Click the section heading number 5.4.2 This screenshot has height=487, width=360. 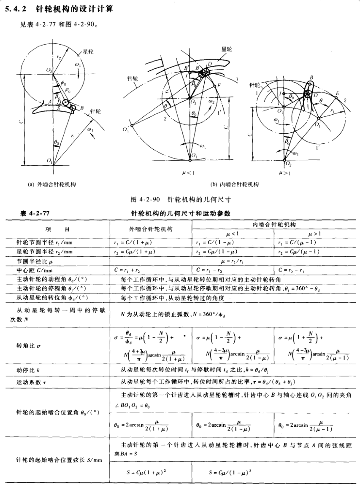[x=15, y=8]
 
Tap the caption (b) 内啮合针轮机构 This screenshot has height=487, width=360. [x=234, y=184]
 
